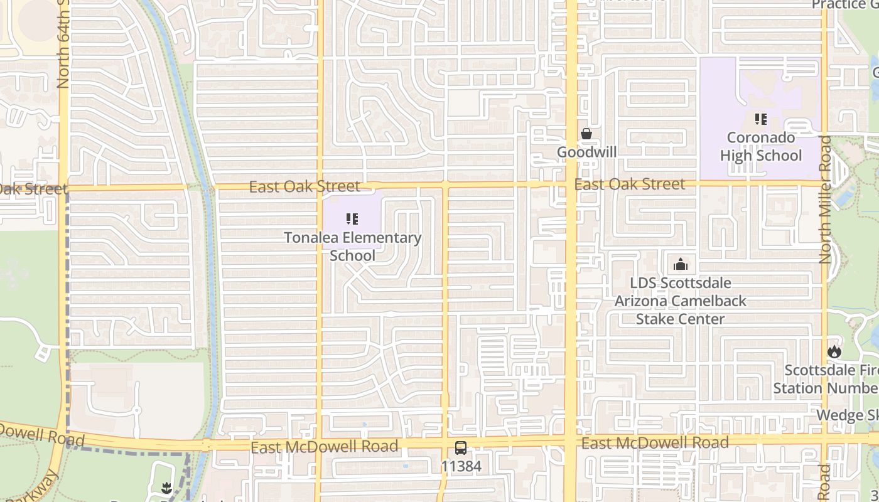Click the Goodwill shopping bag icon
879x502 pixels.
[x=586, y=134]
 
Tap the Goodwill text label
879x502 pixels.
[x=586, y=152]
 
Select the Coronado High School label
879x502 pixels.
[x=760, y=147]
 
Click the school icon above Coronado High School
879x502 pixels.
[x=760, y=119]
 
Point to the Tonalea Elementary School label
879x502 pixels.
[x=352, y=247]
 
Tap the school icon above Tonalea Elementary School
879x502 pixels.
[x=352, y=219]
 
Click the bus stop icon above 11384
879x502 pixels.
[x=461, y=448]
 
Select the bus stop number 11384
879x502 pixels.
[x=461, y=466]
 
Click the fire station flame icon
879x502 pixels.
[x=834, y=351]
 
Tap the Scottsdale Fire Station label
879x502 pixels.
[x=825, y=379]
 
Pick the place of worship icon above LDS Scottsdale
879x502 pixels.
[x=681, y=264]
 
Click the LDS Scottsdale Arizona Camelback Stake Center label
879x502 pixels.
[x=681, y=301]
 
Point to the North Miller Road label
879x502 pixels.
[x=825, y=200]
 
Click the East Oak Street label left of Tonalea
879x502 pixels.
[x=305, y=186]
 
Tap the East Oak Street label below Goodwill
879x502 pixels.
[x=630, y=184]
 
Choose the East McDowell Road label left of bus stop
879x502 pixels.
[x=324, y=447]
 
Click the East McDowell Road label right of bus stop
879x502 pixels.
[x=655, y=443]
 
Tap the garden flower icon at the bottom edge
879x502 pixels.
[x=166, y=488]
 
